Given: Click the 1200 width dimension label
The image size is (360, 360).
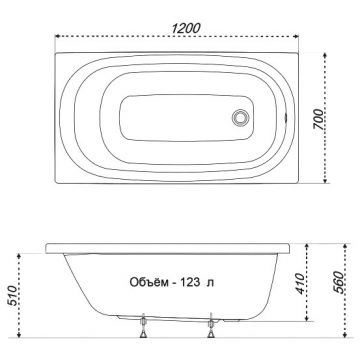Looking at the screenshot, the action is click(x=186, y=28).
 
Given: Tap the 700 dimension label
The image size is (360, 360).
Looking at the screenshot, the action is click(x=318, y=120).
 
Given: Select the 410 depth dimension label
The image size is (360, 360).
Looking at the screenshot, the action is click(x=300, y=284).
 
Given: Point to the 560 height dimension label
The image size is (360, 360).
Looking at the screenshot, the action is click(x=338, y=282).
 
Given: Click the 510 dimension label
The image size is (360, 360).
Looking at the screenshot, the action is click(x=12, y=296).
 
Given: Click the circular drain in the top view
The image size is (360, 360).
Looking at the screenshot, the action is click(x=240, y=117).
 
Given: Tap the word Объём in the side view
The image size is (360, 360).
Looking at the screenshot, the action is click(x=149, y=282).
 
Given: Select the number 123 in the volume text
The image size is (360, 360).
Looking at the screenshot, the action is click(x=190, y=283).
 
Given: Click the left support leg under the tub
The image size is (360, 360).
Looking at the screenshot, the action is click(x=143, y=326).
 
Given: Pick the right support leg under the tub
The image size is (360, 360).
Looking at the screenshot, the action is click(x=211, y=326).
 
